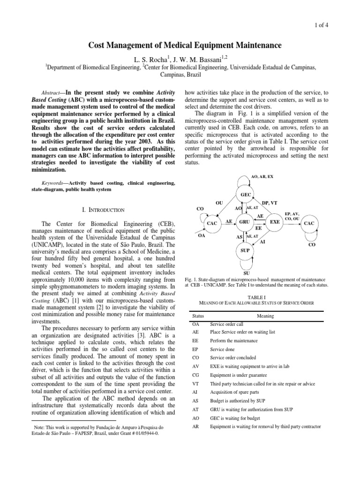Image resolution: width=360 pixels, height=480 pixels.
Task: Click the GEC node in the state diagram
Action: [x=246, y=195]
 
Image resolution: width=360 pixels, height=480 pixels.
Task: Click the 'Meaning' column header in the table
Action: [x=265, y=316]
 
